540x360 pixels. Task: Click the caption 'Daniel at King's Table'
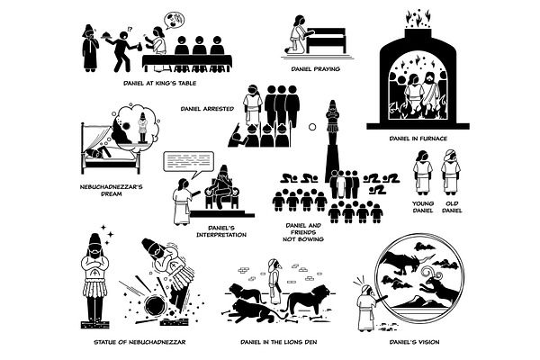(x=160, y=83)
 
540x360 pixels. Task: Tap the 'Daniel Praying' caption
(x=316, y=69)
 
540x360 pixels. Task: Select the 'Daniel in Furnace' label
(x=418, y=139)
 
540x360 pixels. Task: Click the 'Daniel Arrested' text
(x=207, y=109)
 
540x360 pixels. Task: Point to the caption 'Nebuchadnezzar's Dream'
(x=112, y=190)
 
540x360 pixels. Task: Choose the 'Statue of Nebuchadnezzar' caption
(x=139, y=342)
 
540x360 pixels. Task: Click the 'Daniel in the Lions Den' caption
(x=279, y=342)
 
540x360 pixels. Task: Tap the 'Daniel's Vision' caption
(x=414, y=342)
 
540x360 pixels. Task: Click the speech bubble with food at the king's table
(x=175, y=21)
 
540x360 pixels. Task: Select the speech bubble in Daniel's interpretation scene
(x=189, y=163)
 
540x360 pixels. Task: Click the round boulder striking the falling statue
(x=155, y=306)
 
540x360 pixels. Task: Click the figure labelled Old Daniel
(x=451, y=172)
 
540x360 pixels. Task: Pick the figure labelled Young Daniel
(x=423, y=172)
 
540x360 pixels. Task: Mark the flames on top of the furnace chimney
(x=418, y=19)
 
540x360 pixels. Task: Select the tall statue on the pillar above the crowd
(x=332, y=141)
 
